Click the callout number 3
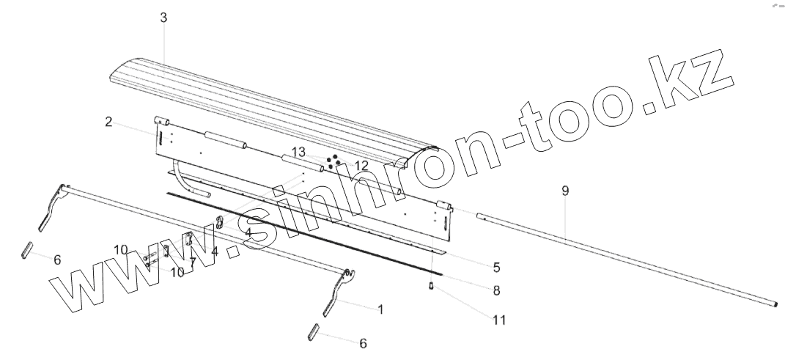click(163, 18)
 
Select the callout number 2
click(108, 122)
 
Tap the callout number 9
click(564, 191)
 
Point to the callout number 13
click(298, 152)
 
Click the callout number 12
click(361, 166)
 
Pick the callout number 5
click(496, 266)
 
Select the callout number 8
click(496, 290)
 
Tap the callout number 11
click(498, 320)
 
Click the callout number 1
click(380, 309)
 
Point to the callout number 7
click(193, 262)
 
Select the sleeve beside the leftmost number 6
click(26, 249)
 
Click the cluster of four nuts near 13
click(333, 161)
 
